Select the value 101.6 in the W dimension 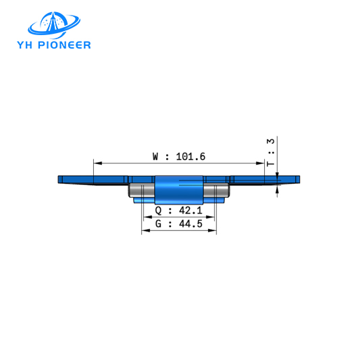point(190,156)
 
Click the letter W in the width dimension point(156,156)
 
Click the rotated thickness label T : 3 point(271,153)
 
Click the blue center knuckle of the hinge point(178,189)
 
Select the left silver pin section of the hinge point(142,191)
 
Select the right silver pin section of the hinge point(216,191)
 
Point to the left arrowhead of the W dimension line point(97,163)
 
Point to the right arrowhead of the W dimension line point(260,163)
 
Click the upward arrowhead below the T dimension point(277,190)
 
